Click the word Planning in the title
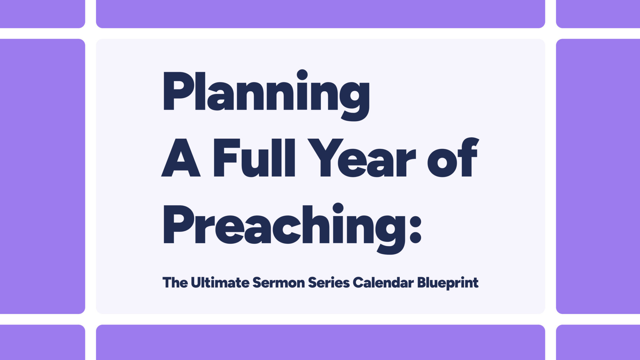(x=266, y=94)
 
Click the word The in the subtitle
(x=175, y=282)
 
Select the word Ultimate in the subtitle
(x=220, y=282)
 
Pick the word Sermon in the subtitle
(x=278, y=282)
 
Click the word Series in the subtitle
(x=329, y=282)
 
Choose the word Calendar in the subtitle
(x=383, y=282)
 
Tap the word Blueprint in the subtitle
(x=448, y=283)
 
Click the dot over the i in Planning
(x=302, y=75)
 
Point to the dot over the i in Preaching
(x=338, y=208)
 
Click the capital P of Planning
(x=175, y=91)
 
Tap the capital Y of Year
(x=325, y=158)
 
